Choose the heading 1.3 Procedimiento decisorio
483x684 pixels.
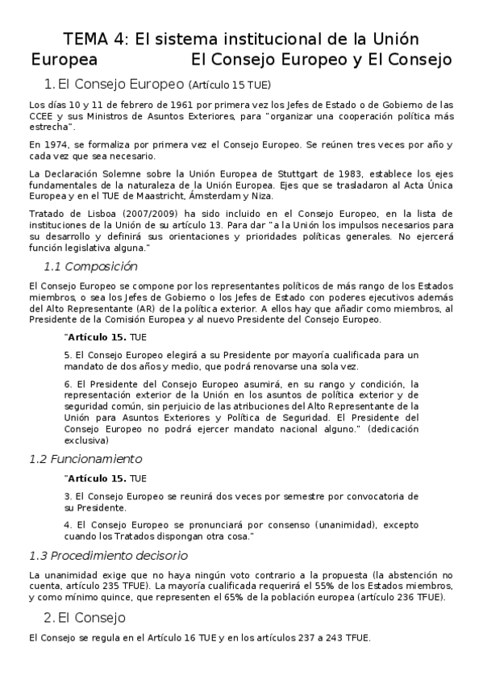(108, 555)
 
